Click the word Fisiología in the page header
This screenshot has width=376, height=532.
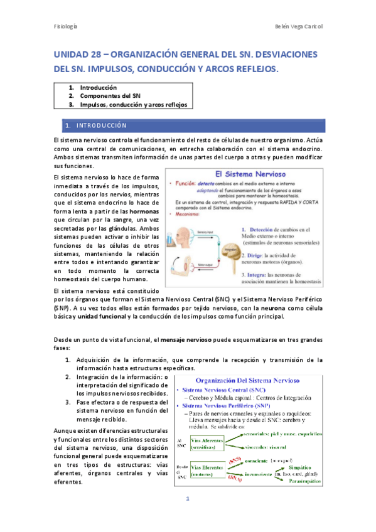(x=65, y=26)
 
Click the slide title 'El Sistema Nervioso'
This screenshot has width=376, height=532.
(x=247, y=173)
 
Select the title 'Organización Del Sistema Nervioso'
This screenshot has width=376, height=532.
(x=248, y=381)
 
